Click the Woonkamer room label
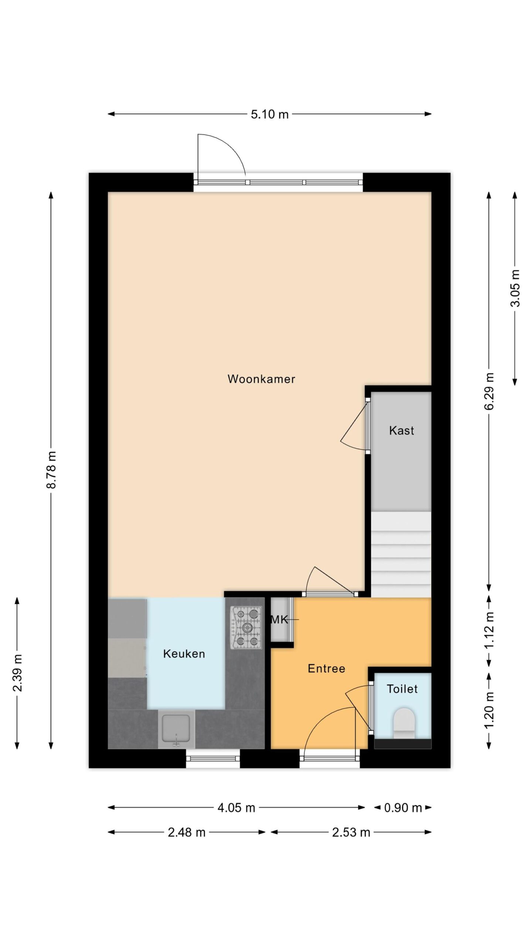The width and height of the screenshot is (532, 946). (261, 379)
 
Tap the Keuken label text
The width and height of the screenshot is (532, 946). (184, 654)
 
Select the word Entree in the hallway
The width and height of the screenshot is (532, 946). (326, 668)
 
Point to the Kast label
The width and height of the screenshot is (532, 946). (401, 430)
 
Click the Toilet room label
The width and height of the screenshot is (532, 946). (402, 688)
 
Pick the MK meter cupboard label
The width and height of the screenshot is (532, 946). (279, 619)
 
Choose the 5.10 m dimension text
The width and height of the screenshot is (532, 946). (270, 114)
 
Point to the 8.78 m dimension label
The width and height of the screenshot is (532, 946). (51, 470)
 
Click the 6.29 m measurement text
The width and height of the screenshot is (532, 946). (489, 391)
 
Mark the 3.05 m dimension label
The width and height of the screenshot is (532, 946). (515, 288)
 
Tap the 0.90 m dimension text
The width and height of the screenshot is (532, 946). (403, 808)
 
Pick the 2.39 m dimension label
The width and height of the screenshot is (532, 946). (17, 673)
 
